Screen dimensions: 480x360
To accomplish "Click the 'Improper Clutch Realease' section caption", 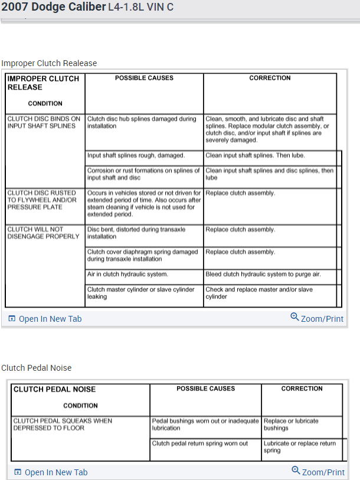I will tap(49, 63).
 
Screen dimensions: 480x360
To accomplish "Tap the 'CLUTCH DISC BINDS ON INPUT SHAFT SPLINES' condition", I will tap(44, 122).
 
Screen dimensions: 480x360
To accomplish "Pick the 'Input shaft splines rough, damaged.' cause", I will tap(136, 156).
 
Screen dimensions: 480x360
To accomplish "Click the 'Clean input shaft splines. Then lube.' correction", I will tap(255, 156).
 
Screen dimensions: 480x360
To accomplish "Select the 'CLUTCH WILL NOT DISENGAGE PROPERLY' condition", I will tap(43, 233).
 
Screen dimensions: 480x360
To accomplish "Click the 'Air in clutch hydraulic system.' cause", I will tap(127, 274).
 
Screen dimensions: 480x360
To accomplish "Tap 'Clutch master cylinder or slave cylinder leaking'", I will tap(141, 293).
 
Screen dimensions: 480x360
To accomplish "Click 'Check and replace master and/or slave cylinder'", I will tap(259, 293).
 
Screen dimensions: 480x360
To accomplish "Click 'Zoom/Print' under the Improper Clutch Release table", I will tap(317, 318).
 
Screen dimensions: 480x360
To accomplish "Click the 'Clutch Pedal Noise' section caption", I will tap(37, 368).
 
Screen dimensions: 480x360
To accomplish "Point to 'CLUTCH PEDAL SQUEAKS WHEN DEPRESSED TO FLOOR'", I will tap(63, 425).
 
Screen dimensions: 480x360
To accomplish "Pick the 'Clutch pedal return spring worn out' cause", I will tap(199, 443).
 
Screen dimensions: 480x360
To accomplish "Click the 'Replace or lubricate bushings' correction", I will tap(291, 425).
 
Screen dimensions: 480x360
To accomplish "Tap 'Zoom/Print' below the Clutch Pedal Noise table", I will tap(318, 472).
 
